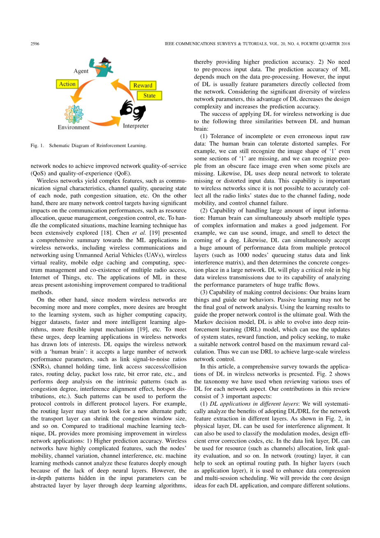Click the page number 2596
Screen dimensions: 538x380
click(x=35, y=44)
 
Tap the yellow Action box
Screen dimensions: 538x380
click(x=67, y=84)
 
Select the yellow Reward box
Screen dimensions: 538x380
click(x=143, y=85)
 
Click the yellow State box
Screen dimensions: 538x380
click(x=149, y=95)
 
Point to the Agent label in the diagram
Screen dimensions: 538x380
click(x=81, y=71)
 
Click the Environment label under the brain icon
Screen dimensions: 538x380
click(x=74, y=127)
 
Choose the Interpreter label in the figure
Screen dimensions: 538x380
click(x=136, y=126)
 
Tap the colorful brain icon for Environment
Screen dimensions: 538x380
click(x=74, y=114)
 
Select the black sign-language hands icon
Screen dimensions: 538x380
click(x=132, y=110)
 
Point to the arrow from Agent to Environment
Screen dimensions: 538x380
click(x=81, y=92)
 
